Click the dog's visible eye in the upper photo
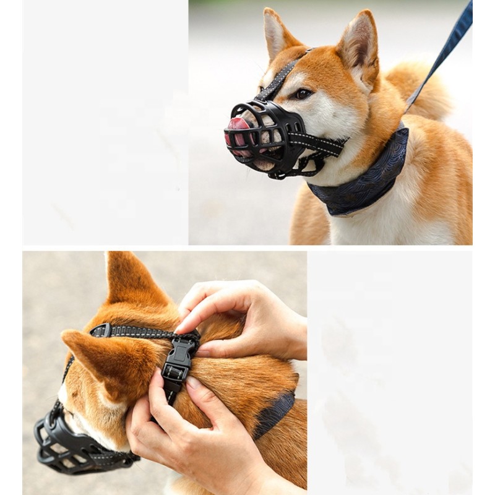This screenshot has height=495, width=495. [x=302, y=94]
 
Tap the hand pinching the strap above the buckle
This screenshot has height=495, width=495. [x=247, y=316]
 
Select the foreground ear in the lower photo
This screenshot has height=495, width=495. [x=105, y=365]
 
